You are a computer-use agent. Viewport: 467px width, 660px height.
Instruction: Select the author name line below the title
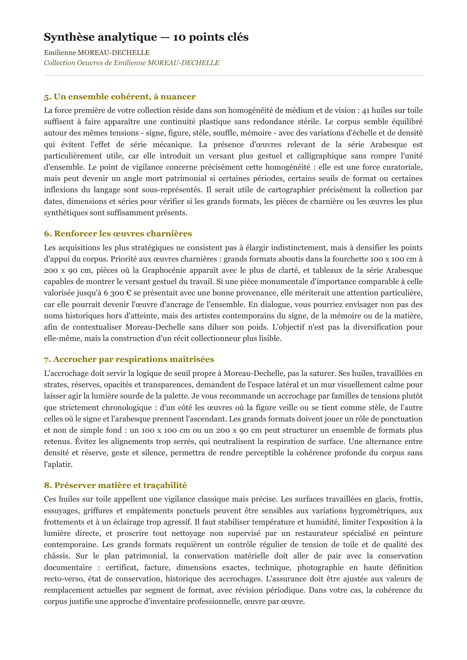coord(96,53)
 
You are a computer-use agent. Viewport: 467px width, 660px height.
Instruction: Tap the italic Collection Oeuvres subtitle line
coord(131,63)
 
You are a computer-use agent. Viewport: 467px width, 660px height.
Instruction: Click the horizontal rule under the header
coord(233,75)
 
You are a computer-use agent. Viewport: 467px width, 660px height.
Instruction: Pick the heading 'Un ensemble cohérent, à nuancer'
coord(120,97)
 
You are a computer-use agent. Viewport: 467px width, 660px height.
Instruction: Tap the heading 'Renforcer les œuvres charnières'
coord(118,234)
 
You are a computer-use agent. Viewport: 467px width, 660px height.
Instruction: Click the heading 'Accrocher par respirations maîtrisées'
coord(129,359)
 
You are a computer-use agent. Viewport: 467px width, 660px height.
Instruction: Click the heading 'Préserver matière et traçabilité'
coord(115,485)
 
